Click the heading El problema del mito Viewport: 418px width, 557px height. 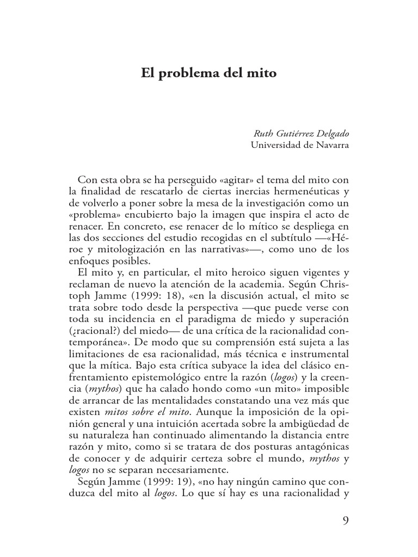[209, 72]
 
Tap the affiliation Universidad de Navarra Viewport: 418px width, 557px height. [299, 145]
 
